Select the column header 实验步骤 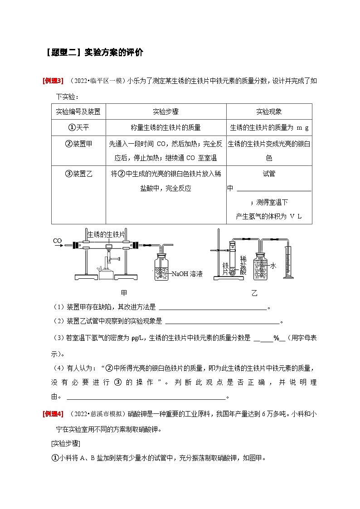click(165, 111)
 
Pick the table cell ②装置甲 click(78, 144)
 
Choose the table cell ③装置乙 click(78, 174)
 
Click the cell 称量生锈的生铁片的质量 click(165, 127)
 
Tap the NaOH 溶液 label click(187, 274)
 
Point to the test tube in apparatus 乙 click(232, 259)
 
